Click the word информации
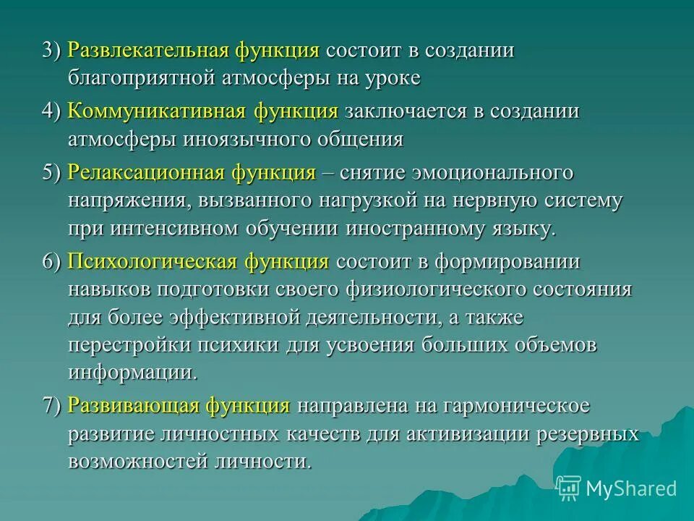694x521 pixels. pos(132,373)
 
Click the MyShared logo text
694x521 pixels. pos(631,488)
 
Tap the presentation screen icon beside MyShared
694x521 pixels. pos(569,488)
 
